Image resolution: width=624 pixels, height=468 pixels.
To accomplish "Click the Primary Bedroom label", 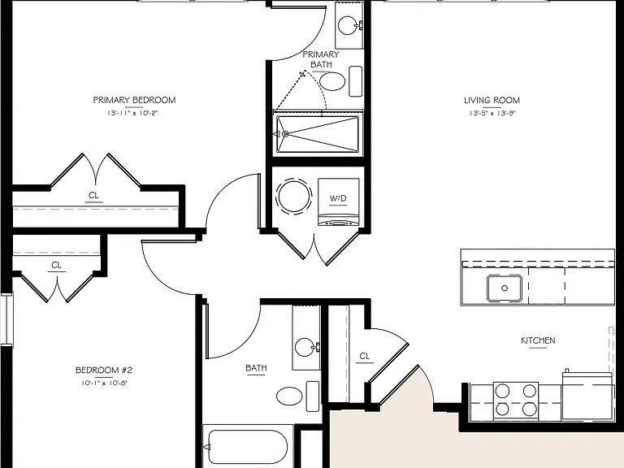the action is pos(134,100).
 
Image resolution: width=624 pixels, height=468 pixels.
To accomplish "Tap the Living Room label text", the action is pos(492,100).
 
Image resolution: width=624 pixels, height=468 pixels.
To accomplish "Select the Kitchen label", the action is pos(538,340).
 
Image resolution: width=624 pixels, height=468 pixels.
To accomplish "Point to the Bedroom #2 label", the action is pos(104,370).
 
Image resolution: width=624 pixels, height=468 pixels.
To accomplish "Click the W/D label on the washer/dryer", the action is pos(338,198).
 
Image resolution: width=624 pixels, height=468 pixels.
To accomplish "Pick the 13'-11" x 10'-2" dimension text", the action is pos(132,113).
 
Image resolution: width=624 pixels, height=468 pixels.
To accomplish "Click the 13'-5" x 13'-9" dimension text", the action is pos(492,113).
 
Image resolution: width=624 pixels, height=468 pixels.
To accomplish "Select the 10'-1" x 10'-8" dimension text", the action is pos(104,383).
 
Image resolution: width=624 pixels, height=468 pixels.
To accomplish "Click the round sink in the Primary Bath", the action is pos(349,25).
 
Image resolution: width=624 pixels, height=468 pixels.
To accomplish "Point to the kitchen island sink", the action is pos(505,288).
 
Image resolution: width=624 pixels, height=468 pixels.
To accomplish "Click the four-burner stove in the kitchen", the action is pos(516,401).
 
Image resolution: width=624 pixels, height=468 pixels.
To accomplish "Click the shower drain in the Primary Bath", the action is pos(285,134).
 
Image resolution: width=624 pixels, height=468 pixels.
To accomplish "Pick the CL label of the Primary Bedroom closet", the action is pos(93,195).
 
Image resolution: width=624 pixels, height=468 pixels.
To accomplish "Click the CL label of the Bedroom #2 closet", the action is pos(57,265).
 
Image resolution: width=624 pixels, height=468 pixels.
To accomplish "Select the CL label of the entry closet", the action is pos(365,356).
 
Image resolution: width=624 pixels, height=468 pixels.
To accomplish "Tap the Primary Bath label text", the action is pos(321,59).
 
